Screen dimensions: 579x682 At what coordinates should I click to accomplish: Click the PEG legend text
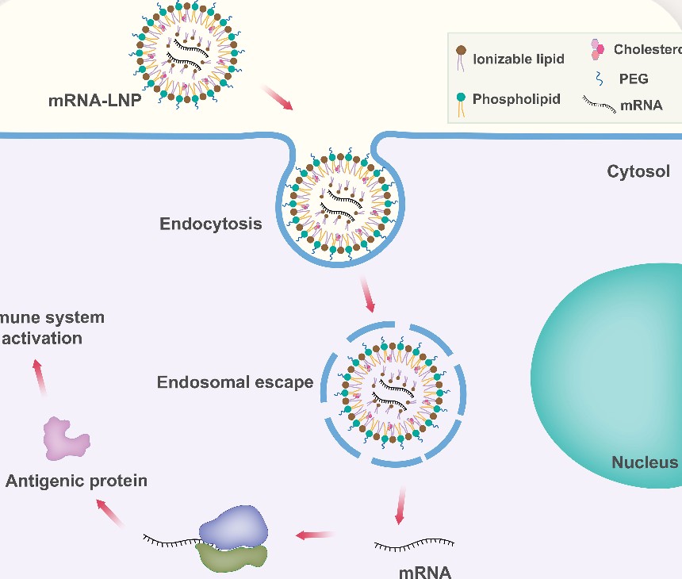pyautogui.click(x=634, y=78)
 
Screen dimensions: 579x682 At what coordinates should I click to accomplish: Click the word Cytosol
pyautogui.click(x=638, y=171)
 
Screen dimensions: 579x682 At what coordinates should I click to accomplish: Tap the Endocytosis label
pyautogui.click(x=211, y=223)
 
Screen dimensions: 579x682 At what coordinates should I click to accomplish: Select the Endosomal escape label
pyautogui.click(x=236, y=382)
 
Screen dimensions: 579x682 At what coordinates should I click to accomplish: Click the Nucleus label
pyautogui.click(x=645, y=462)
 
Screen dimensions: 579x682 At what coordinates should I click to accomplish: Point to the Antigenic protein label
pyautogui.click(x=76, y=481)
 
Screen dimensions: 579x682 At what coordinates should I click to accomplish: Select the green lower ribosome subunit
pyautogui.click(x=233, y=554)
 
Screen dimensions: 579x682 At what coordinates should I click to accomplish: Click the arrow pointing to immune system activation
pyautogui.click(x=39, y=377)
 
